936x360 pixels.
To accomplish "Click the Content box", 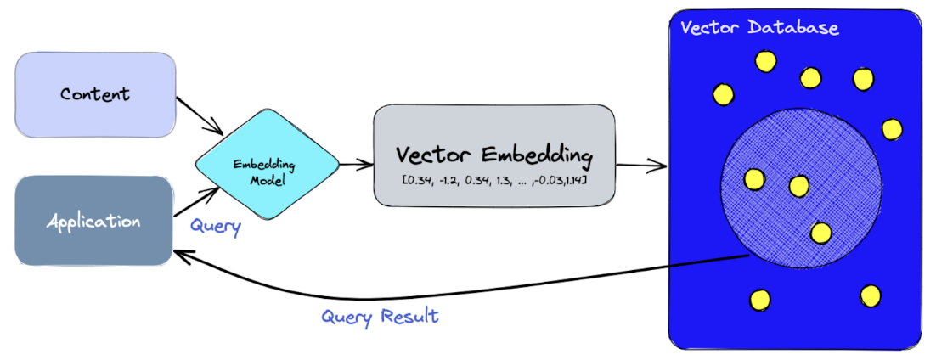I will (x=95, y=94).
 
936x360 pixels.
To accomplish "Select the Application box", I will (x=93, y=222).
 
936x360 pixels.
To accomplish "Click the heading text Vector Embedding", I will (x=493, y=155).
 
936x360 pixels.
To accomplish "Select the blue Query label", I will (x=215, y=227).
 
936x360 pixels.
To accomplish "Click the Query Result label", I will (x=380, y=317).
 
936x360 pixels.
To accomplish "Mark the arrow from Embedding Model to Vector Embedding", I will (x=356, y=163).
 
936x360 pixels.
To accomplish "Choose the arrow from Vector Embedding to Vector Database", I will (x=642, y=165).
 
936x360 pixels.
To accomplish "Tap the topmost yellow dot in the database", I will (x=766, y=61).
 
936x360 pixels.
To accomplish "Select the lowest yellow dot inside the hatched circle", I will (x=820, y=232).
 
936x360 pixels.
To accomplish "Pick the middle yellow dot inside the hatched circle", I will (x=798, y=185).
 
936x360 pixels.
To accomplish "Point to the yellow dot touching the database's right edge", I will (x=892, y=129).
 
